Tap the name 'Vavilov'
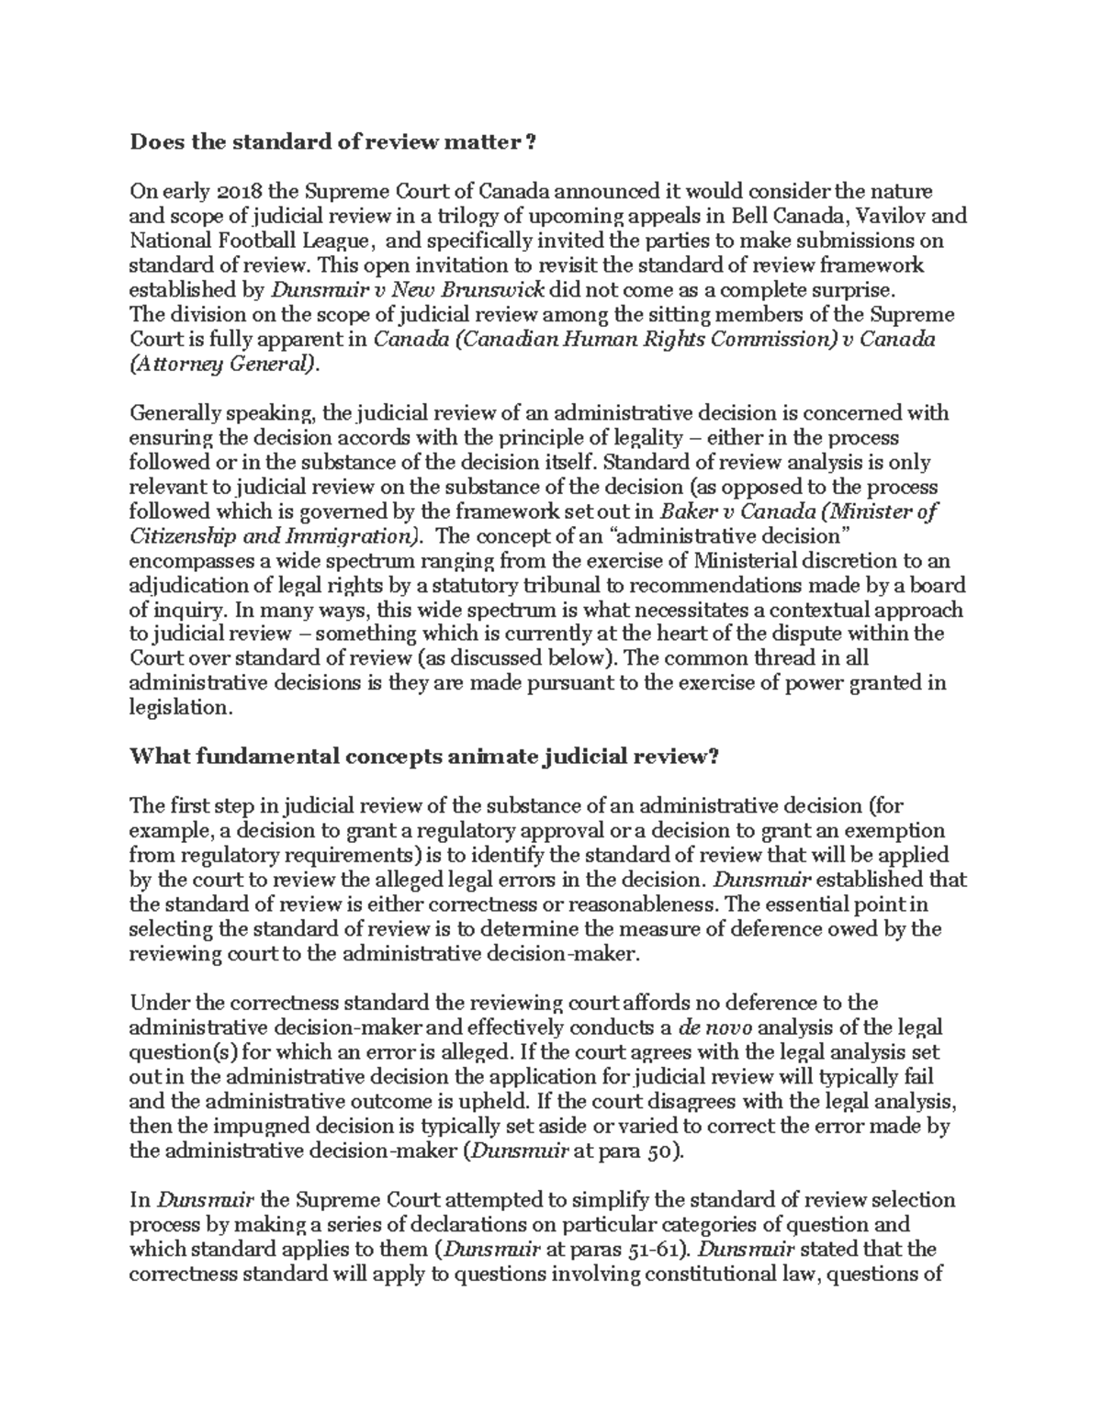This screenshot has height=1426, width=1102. (885, 217)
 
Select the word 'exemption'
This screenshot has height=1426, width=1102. (894, 831)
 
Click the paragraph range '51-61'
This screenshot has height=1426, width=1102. (663, 1250)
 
